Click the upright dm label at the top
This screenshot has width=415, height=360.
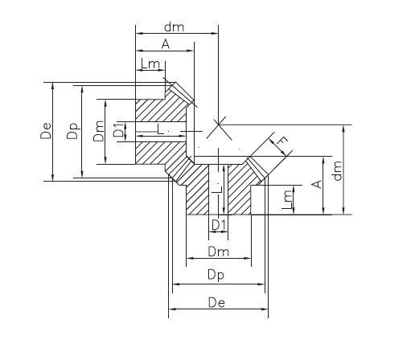(x=174, y=27)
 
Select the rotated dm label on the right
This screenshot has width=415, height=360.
(x=338, y=170)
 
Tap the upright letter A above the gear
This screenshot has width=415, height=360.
(x=166, y=44)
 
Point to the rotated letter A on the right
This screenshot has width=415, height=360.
(x=317, y=184)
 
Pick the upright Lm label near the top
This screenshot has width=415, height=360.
(x=150, y=64)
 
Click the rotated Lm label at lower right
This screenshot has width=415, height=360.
(x=287, y=199)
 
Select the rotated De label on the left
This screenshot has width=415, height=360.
(x=46, y=131)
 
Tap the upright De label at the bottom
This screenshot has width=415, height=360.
(x=216, y=303)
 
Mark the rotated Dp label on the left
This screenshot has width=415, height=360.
(x=72, y=131)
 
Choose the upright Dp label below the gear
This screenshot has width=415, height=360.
(x=216, y=276)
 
